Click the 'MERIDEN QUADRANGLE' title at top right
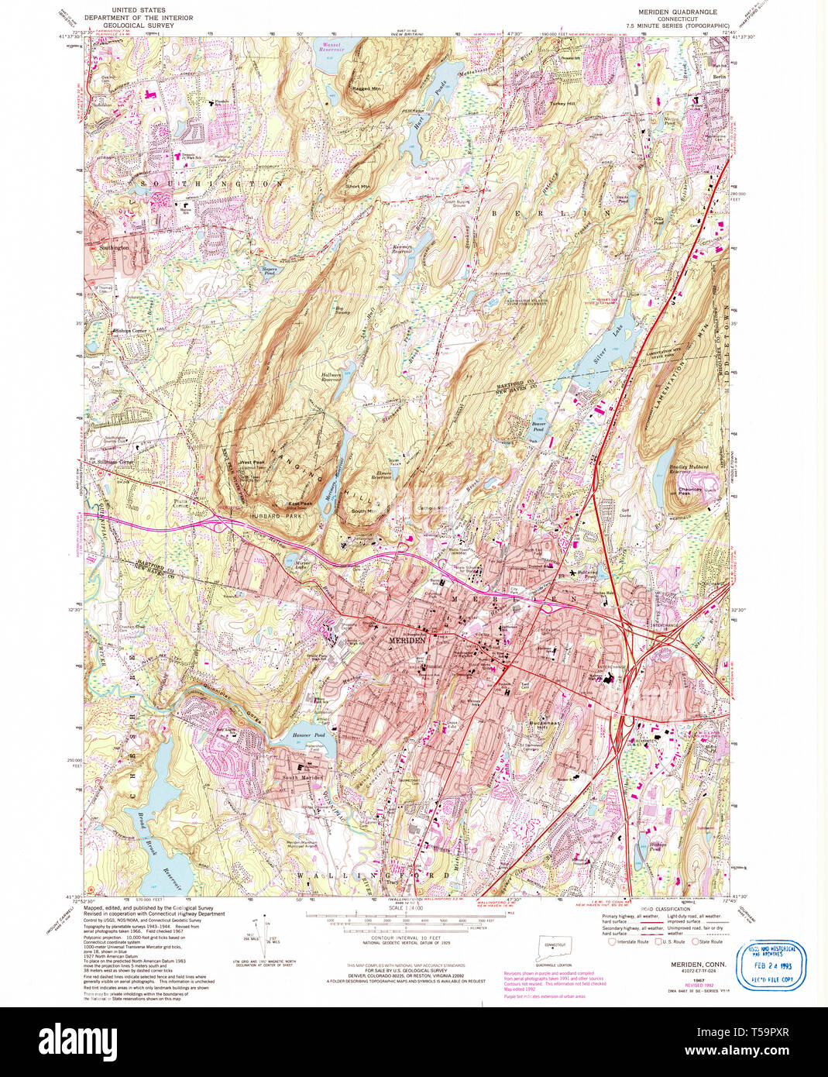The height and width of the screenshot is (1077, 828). pos(677,12)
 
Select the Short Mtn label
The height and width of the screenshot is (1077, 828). pos(357,186)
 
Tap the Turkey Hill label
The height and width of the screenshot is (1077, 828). pos(562,104)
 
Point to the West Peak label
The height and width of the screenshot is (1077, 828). pos(252,463)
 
